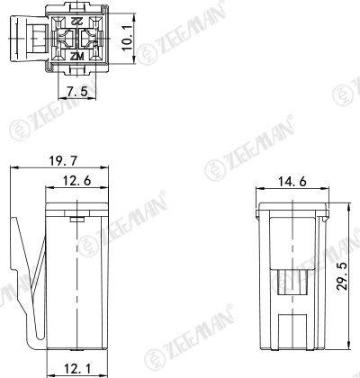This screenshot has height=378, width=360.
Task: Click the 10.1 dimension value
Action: (x=128, y=39)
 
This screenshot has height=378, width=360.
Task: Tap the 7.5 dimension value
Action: (x=76, y=91)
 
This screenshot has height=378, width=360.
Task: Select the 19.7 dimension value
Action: (x=63, y=161)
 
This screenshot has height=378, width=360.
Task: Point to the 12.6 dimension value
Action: (x=76, y=181)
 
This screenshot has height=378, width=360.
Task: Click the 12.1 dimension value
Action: (x=76, y=369)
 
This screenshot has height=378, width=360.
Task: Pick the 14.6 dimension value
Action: (x=292, y=182)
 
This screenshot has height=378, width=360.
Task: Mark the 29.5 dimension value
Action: (x=342, y=276)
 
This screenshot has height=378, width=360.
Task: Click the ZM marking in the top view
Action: (x=77, y=56)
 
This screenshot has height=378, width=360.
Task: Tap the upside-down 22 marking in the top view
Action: (x=77, y=21)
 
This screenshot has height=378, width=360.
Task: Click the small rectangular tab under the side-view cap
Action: (x=77, y=220)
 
